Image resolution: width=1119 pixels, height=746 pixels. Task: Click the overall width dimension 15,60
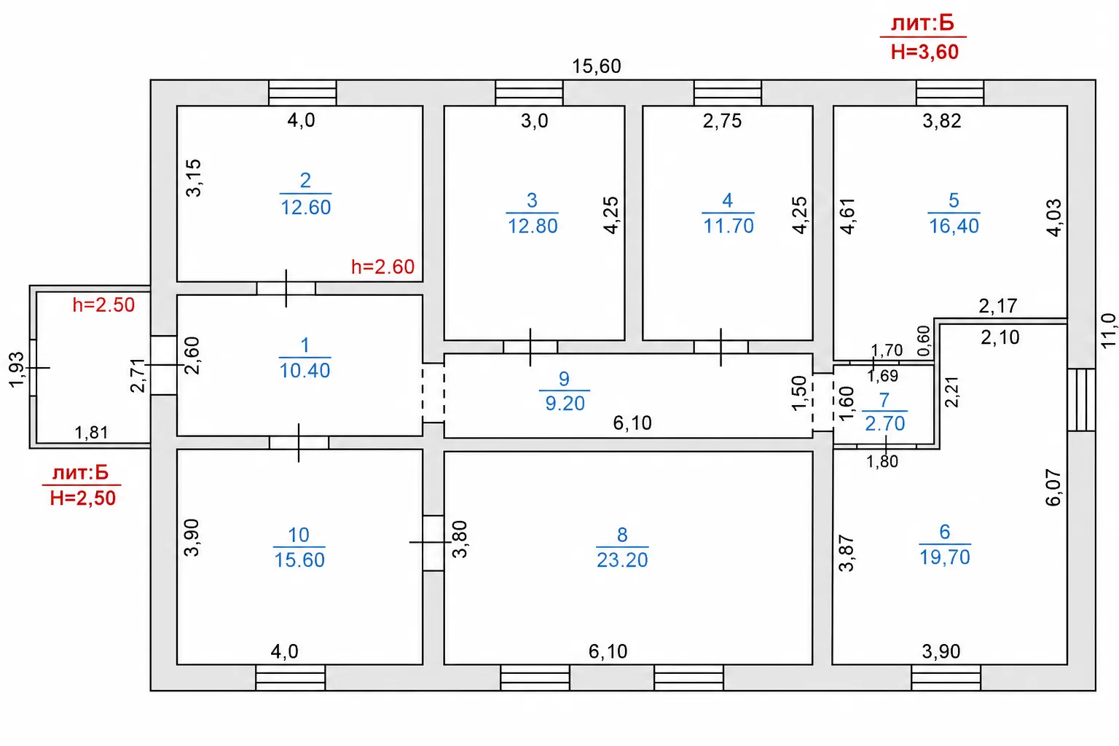point(596,66)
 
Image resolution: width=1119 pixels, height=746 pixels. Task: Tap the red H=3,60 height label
point(924,52)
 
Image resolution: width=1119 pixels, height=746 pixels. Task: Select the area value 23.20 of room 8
point(622,559)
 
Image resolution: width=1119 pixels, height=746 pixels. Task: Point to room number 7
point(884,400)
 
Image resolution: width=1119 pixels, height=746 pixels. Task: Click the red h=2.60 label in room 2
point(382,267)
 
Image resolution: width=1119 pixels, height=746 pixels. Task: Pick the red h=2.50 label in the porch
point(103,305)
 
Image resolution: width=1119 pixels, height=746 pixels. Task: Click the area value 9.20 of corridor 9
point(565,403)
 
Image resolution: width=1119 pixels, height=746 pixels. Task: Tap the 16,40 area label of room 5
point(954,226)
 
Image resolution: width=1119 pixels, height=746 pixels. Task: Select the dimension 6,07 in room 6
point(1053,487)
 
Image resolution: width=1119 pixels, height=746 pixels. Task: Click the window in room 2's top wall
point(303,93)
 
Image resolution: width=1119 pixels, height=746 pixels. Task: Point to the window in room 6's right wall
point(1082,400)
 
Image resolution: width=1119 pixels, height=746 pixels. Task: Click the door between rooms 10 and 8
point(433,543)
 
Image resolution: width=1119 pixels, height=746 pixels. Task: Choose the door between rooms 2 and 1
point(286,288)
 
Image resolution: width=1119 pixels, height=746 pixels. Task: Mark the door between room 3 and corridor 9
point(530,348)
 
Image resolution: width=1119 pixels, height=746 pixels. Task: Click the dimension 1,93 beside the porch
point(17,369)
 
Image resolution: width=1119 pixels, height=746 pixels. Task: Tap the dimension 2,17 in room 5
point(997,306)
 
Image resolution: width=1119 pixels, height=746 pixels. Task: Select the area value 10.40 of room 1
point(305,371)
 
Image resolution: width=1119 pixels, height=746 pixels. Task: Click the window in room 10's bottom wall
point(290,678)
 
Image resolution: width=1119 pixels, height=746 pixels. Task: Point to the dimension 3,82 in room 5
point(942,121)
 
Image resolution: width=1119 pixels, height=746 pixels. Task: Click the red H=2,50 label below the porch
point(83,498)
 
